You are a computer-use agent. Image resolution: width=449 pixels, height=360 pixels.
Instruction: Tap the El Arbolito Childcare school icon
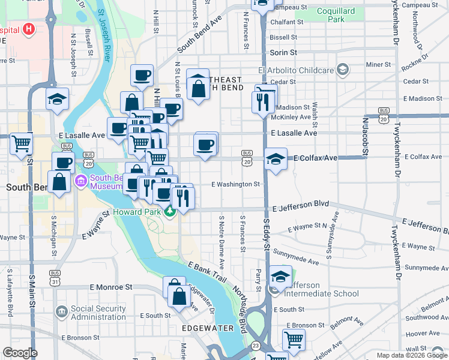[342, 70]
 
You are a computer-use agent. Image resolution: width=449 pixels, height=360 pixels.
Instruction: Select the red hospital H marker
[28, 30]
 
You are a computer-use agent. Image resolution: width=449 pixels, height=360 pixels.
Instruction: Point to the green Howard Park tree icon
[170, 211]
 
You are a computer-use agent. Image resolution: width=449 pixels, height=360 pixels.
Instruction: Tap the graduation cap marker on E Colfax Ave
[275, 158]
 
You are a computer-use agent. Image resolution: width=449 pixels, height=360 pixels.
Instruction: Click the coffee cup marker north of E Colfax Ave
[205, 145]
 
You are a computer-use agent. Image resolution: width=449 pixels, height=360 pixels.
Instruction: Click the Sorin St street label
[284, 53]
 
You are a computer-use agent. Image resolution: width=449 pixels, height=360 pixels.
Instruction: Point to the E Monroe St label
[111, 287]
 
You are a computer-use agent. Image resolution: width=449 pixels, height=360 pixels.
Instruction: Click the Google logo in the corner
[20, 353]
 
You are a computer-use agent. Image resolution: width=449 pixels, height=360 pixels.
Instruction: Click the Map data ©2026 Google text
[411, 355]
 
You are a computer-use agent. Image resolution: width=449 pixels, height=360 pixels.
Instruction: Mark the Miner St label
[378, 64]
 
